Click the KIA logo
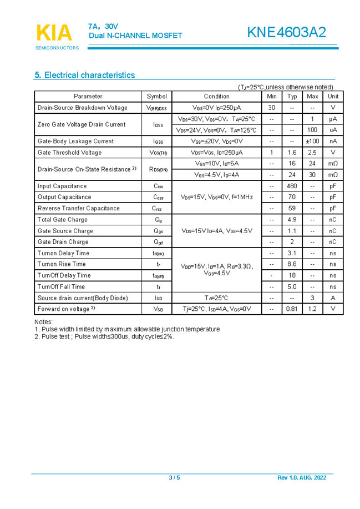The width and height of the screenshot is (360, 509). tap(54, 33)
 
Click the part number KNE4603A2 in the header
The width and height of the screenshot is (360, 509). tap(287, 33)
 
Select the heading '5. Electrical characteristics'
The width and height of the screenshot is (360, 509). tap(84, 75)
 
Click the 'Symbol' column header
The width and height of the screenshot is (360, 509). tap(156, 96)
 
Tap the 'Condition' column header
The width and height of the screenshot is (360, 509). tap(216, 96)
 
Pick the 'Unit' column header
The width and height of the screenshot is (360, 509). tap(333, 96)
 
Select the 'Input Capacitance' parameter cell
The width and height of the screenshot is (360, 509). tap(62, 186)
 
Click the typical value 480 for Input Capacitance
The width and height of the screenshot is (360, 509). tap(292, 186)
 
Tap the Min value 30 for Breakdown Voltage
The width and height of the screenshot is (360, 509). tap(271, 108)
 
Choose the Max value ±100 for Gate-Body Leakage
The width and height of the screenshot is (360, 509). tap(312, 141)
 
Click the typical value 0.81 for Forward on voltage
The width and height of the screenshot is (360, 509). tap(292, 309)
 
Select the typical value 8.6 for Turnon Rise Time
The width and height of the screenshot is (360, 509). tap(292, 264)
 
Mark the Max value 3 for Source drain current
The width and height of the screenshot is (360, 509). tap(312, 298)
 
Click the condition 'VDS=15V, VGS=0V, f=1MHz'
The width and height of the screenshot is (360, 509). tap(216, 197)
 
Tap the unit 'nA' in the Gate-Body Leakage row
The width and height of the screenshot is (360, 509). tap(333, 141)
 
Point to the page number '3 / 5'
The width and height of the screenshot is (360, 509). tap(174, 478)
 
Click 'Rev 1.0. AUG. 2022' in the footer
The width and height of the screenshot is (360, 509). tap(302, 478)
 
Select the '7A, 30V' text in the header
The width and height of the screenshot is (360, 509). tap(103, 26)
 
